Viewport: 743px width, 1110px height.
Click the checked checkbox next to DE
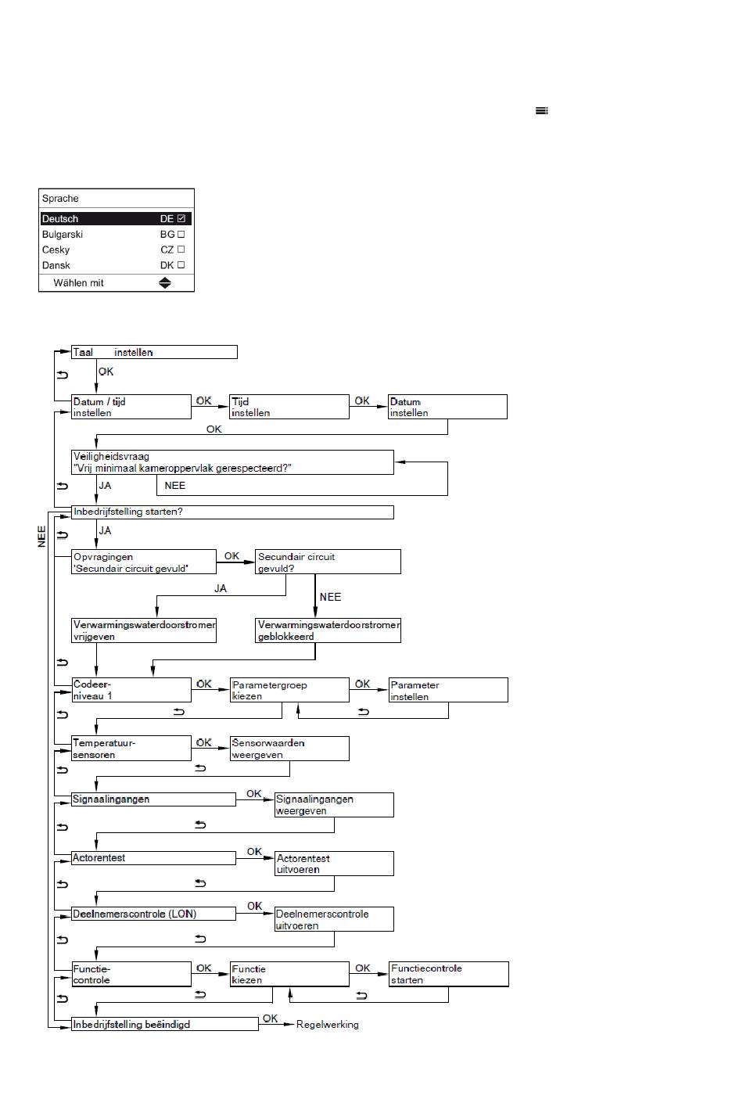pos(181,218)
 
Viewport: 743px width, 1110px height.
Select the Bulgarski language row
pos(116,235)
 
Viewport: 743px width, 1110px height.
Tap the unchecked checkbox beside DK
pos(181,265)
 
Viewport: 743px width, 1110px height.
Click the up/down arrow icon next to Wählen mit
pos(165,283)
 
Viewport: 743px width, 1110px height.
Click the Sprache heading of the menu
pos(60,199)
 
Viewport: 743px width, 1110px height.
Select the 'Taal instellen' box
pos(155,352)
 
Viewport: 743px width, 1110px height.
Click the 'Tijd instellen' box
pos(289,407)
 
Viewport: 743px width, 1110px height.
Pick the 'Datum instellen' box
pos(448,407)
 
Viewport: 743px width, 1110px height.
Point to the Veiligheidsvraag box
pos(233,462)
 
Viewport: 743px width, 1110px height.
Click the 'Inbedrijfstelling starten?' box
pos(233,512)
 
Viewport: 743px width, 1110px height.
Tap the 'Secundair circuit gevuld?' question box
pos(328,562)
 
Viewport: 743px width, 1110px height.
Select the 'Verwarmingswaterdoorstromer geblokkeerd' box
pos(328,630)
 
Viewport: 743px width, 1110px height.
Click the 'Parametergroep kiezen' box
pos(289,690)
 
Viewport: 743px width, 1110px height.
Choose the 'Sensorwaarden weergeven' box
pos(289,749)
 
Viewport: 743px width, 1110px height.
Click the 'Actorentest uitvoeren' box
pos(335,864)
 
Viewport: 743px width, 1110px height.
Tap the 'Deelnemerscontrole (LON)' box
pos(153,914)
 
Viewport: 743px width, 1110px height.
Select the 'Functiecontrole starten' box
pos(449,974)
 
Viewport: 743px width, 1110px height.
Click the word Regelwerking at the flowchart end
pos(328,1024)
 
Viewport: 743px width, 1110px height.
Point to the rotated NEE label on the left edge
pos(41,537)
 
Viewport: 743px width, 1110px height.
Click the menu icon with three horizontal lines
pos(542,110)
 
